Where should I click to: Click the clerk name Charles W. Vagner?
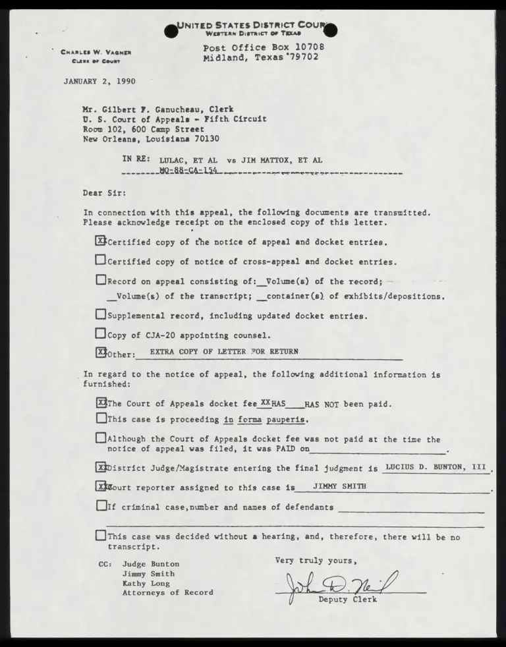coord(96,52)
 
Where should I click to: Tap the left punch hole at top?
coord(171,30)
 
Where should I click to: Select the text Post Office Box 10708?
coord(263,47)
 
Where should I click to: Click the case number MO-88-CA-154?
coord(188,170)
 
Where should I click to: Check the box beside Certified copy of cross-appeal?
coord(101,261)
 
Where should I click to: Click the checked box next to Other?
coord(101,352)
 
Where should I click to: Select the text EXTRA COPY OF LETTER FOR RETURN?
coord(224,352)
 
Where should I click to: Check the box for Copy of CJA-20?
coord(101,334)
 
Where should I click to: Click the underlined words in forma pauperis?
coord(266,419)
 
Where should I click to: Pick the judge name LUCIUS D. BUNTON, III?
coord(436,467)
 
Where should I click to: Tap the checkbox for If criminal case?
coord(101,507)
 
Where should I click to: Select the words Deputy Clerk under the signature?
coord(348,600)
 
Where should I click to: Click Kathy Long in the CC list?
coord(146,583)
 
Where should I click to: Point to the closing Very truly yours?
coord(316,561)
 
